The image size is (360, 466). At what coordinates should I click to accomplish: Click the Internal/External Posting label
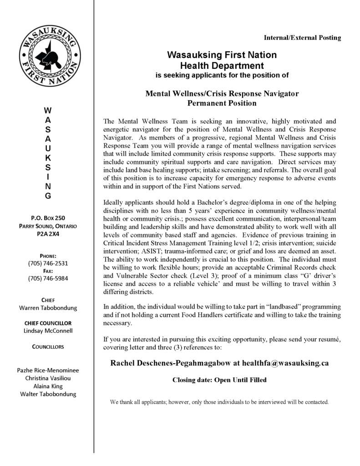[302, 38]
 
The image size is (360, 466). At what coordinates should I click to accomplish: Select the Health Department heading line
[222, 65]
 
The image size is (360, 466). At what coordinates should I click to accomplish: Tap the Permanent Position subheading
[222, 103]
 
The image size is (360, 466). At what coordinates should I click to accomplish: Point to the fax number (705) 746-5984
[48, 278]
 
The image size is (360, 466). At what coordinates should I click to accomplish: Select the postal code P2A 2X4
[48, 234]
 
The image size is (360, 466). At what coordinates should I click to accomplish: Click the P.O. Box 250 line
[48, 218]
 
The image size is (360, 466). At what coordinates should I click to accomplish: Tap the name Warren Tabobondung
[48, 308]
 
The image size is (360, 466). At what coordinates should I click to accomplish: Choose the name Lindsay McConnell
[48, 331]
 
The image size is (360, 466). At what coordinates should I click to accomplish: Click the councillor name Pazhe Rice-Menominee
[48, 370]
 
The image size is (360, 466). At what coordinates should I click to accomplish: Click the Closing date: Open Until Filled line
[219, 380]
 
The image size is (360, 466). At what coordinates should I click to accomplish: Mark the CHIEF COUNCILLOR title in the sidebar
[48, 323]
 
